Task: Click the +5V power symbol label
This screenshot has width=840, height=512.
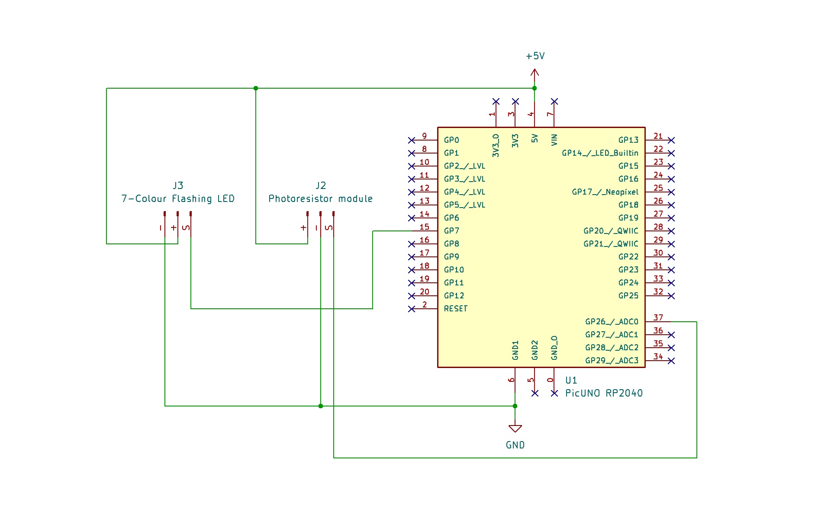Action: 535,56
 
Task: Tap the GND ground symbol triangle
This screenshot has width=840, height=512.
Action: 515,429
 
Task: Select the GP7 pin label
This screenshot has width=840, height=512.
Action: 451,231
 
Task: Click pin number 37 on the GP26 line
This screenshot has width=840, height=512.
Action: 658,318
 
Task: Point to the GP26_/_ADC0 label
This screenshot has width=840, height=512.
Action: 611,322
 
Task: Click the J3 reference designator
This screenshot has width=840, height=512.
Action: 178,186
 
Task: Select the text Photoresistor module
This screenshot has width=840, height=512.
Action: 320,199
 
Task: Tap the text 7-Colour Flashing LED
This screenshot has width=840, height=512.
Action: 178,199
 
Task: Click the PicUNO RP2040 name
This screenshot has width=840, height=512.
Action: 604,394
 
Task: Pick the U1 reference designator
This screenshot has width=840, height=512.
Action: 571,381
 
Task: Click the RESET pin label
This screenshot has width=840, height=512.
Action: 456,309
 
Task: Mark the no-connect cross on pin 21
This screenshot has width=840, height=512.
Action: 671,140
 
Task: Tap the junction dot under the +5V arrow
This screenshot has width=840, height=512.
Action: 534,88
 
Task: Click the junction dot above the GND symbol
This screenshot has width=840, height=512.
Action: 515,406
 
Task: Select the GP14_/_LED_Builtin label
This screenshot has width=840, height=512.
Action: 600,153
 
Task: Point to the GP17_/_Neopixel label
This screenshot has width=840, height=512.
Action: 605,192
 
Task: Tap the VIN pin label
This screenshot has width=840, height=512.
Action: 554,140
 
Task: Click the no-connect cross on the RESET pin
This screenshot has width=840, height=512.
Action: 412,309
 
